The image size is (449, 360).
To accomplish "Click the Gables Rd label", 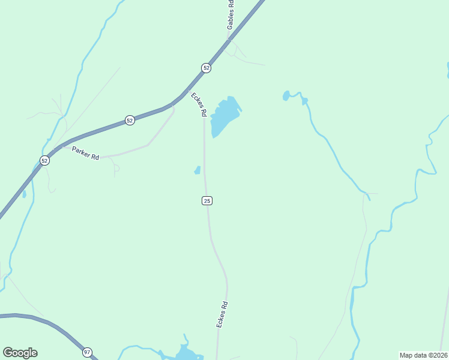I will pyautogui.click(x=231, y=15).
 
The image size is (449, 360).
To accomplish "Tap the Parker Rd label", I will pyautogui.click(x=85, y=153).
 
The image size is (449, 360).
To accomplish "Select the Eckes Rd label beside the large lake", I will pyautogui.click(x=199, y=104).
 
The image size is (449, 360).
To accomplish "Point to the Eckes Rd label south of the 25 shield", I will pyautogui.click(x=223, y=314).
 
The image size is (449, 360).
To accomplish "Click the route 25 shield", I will pyautogui.click(x=206, y=200).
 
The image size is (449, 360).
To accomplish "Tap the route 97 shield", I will pyautogui.click(x=88, y=352).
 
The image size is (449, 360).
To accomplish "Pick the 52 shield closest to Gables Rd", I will pyautogui.click(x=206, y=68).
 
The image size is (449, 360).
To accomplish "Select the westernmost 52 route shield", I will pyautogui.click(x=44, y=160).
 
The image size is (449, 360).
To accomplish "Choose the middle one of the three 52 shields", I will pyautogui.click(x=130, y=121).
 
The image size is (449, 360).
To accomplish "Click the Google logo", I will pyautogui.click(x=20, y=353).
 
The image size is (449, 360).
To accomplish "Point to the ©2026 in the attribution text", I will pyautogui.click(x=438, y=355).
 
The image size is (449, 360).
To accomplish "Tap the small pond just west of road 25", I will pyautogui.click(x=197, y=170).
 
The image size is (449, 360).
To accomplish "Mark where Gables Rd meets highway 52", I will pyautogui.click(x=229, y=40).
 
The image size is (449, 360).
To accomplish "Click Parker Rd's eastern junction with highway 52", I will pyautogui.click(x=173, y=106).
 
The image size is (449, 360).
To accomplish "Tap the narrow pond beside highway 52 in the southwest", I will pyautogui.click(x=24, y=194).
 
